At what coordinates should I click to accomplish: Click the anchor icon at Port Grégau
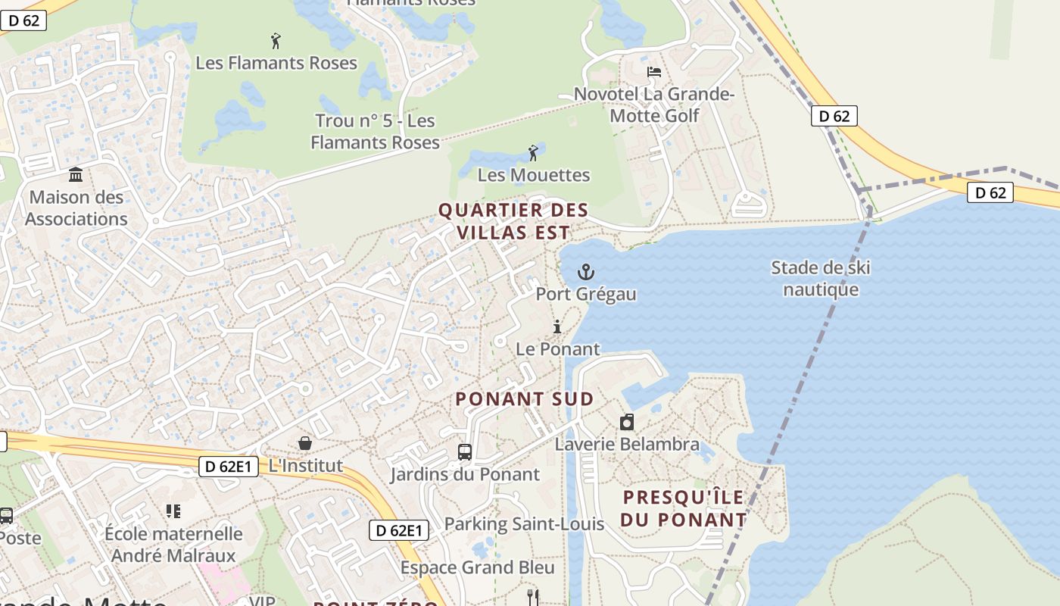click(585, 271)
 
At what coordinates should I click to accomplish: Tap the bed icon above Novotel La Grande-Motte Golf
click(654, 72)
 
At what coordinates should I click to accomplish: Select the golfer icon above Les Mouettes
click(533, 153)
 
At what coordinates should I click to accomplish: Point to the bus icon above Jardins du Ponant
click(465, 452)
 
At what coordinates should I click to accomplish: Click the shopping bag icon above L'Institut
click(305, 442)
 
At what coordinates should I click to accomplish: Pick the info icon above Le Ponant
click(557, 326)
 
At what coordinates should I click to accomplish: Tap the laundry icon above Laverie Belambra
click(627, 422)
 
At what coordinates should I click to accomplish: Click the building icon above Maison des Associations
click(76, 175)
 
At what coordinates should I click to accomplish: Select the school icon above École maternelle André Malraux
click(173, 511)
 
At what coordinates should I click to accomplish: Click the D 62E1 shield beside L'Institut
click(229, 467)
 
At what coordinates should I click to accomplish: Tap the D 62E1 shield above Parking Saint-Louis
click(399, 530)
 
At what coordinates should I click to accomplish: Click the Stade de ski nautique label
click(821, 278)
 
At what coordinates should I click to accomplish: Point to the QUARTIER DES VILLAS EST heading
click(513, 220)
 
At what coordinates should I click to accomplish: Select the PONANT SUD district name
click(525, 398)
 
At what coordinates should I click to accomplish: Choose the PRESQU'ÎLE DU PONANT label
click(684, 508)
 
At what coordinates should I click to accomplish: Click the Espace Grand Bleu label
click(477, 567)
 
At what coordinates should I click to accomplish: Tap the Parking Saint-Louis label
click(524, 523)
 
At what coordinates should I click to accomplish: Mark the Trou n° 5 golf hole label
click(375, 131)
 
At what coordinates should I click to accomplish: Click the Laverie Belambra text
click(627, 444)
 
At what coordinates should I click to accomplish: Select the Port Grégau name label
click(586, 293)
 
